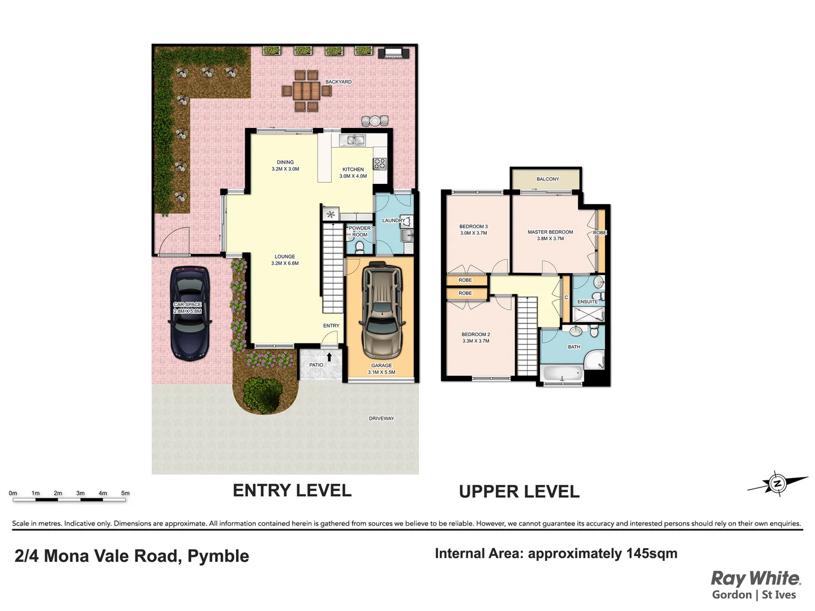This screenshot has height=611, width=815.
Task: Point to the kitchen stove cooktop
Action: tap(379, 164)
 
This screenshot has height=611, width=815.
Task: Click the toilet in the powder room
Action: tap(359, 247)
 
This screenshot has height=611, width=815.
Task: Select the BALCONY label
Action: tap(547, 179)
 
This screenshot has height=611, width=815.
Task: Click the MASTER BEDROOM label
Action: tap(550, 232)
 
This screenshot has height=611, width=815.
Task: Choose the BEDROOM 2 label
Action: tap(475, 334)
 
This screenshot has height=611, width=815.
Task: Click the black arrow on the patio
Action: tap(329, 357)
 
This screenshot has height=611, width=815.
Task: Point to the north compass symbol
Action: tap(777, 484)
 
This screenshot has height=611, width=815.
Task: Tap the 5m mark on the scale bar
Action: tap(125, 493)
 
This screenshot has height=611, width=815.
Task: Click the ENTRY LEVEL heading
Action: tap(292, 490)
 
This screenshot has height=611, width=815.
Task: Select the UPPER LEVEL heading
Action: tap(519, 492)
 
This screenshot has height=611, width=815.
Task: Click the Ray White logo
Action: tap(756, 579)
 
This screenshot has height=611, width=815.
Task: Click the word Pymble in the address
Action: tap(218, 556)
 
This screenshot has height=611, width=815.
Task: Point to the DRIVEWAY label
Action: tap(381, 419)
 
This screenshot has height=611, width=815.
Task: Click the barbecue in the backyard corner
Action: tap(394, 53)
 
